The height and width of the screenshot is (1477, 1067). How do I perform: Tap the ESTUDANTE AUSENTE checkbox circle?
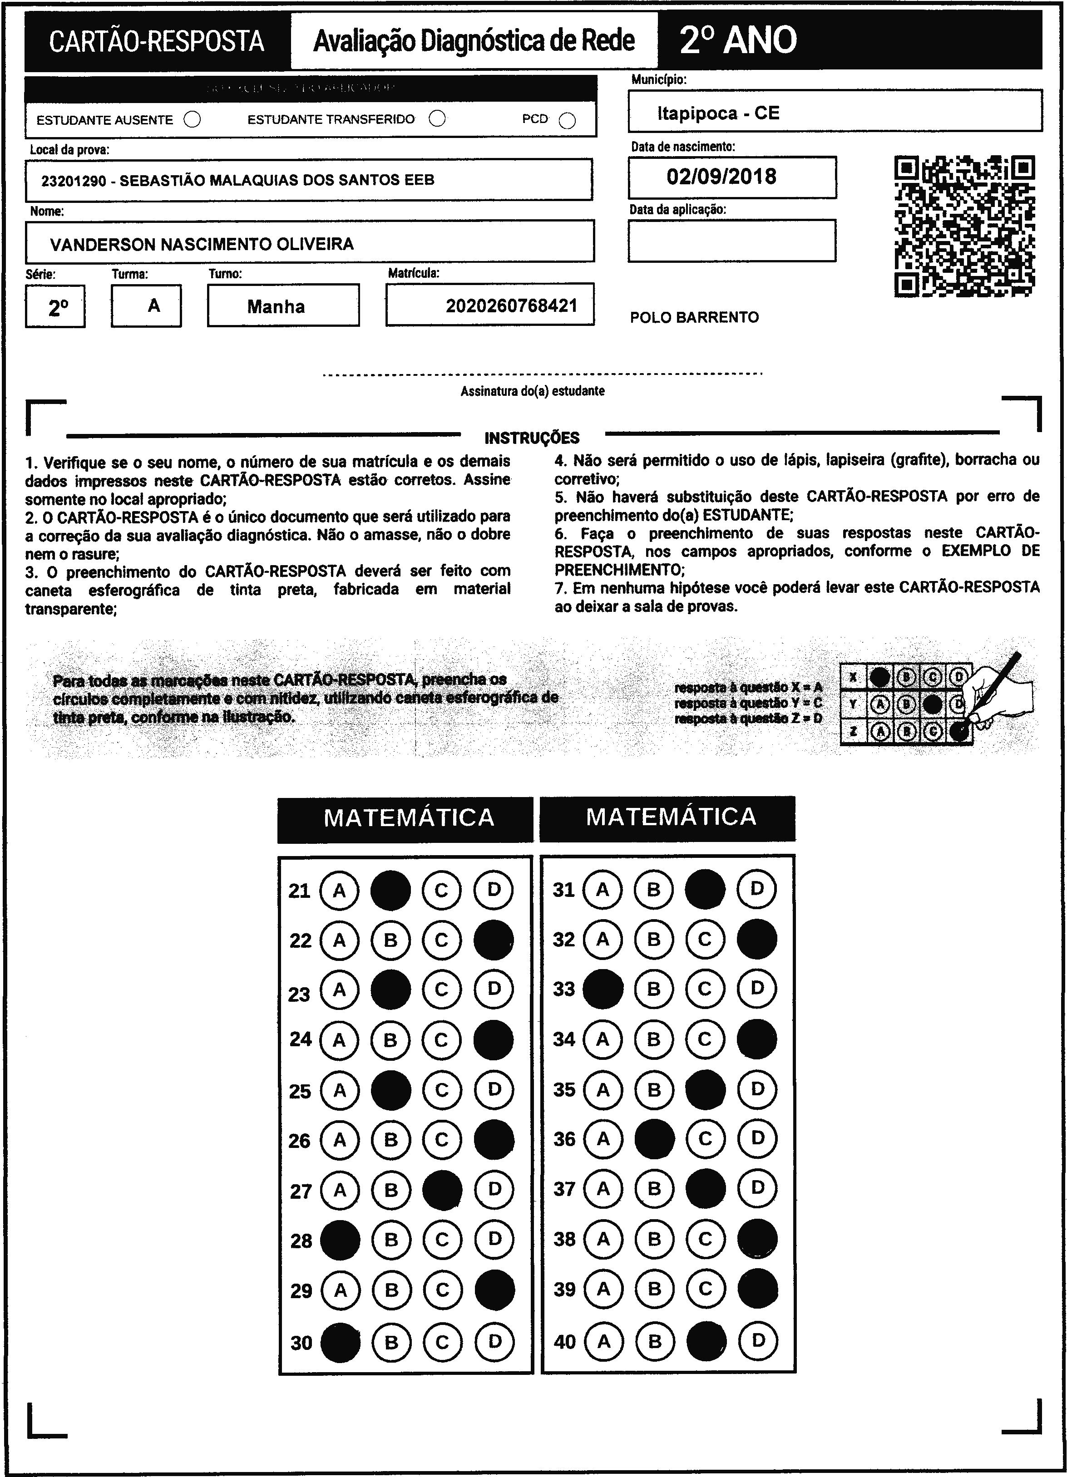point(192,120)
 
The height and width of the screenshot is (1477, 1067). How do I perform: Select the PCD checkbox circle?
point(568,121)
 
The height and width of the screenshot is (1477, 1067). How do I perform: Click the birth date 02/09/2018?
point(721,177)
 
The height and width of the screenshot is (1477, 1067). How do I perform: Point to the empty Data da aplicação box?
point(731,240)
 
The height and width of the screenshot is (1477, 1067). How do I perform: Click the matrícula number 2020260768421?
point(511,305)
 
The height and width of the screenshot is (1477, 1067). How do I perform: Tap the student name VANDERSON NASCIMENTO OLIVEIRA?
point(202,244)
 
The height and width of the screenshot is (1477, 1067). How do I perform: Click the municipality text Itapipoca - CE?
point(718,113)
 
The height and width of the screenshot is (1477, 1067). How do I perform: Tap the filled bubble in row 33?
point(603,989)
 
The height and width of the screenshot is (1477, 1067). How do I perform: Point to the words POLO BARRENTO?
point(694,318)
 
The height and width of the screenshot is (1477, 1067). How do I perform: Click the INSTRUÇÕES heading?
point(532,438)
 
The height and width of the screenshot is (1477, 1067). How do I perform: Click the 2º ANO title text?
point(738,40)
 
